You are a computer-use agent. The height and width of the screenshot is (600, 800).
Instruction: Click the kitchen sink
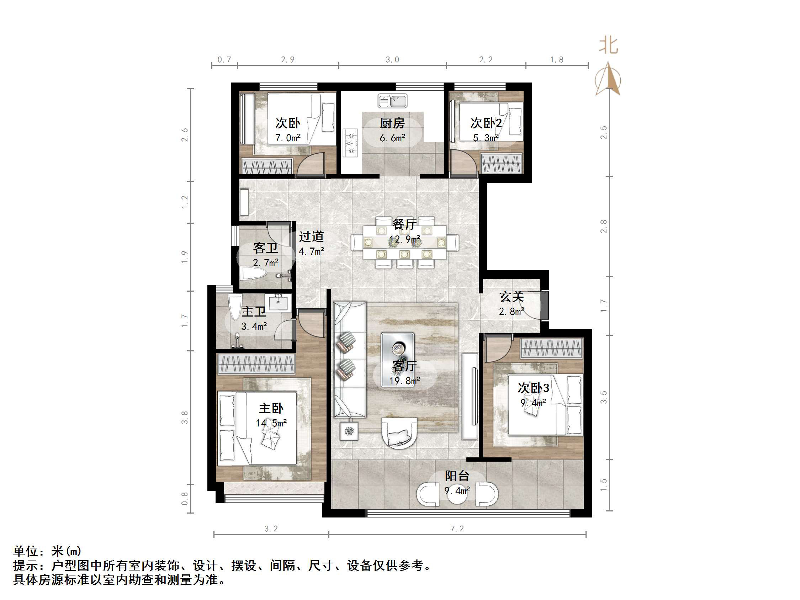coord(392,101)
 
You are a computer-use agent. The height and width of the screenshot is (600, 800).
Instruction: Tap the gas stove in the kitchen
coord(350,143)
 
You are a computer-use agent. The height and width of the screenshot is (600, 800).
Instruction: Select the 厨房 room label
coord(392,123)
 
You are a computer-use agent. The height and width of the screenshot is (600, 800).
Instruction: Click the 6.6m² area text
coord(392,138)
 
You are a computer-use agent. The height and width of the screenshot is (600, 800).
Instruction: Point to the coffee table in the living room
coord(397,360)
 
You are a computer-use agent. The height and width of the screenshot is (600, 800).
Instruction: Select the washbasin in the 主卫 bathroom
coord(278,302)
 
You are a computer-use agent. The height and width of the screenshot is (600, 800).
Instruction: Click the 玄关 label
coord(512,297)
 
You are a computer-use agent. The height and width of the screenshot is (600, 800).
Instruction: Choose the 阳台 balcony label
coord(457,476)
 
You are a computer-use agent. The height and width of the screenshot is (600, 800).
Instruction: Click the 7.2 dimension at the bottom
coord(457,529)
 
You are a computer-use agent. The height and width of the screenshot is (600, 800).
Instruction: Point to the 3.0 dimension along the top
coord(392,60)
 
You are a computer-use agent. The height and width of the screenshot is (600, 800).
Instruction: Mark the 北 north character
coord(608,46)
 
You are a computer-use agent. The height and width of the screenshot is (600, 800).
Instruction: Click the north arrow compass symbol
coord(608,80)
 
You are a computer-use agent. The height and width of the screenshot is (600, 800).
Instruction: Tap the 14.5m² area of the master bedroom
coord(271,423)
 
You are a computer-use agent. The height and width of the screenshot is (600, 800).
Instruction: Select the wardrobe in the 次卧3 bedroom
coord(552,349)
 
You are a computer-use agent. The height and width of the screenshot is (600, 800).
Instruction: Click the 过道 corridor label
coord(311,237)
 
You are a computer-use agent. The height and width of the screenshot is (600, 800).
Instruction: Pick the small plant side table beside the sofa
coord(349,431)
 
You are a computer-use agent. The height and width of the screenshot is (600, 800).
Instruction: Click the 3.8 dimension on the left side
coord(185,417)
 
